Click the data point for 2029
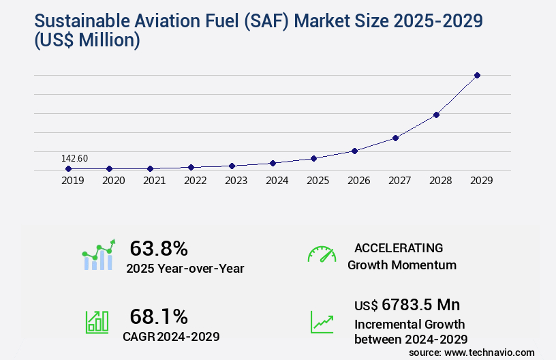(x=477, y=75)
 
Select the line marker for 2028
(x=436, y=115)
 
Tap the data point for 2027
(x=395, y=138)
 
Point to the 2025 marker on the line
(x=313, y=158)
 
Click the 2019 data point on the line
(x=68, y=168)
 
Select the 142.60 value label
(x=74, y=158)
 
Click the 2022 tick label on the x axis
(x=195, y=181)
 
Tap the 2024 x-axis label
(x=277, y=181)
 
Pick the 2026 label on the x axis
(x=358, y=181)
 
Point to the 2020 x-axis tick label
(x=113, y=181)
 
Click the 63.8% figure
(x=159, y=248)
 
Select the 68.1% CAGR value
(x=159, y=316)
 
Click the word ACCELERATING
(x=399, y=247)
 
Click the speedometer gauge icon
(x=322, y=254)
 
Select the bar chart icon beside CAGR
(x=97, y=321)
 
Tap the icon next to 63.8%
(x=98, y=255)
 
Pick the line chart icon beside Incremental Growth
(x=322, y=321)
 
